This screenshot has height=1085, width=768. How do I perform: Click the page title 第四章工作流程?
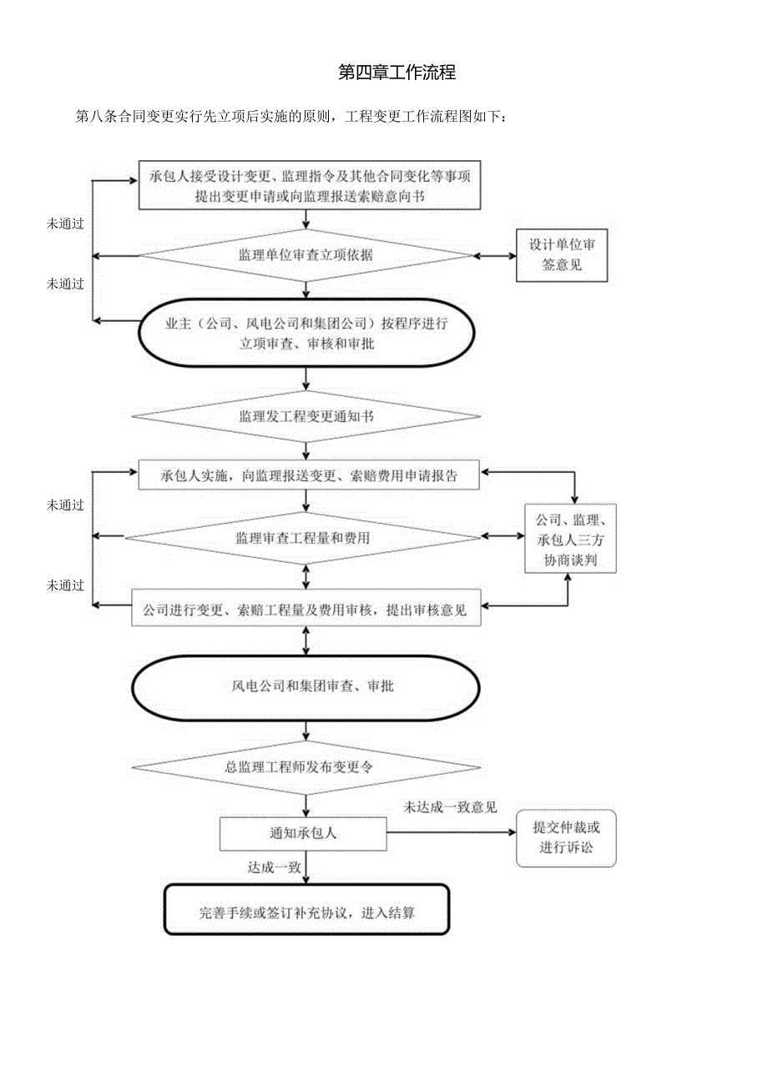click(x=397, y=73)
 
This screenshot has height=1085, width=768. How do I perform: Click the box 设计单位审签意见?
click(x=561, y=256)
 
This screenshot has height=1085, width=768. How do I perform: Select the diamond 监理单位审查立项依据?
click(x=306, y=255)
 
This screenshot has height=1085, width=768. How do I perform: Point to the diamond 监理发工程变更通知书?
click(x=306, y=414)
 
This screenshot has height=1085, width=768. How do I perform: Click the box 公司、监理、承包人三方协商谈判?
click(x=570, y=539)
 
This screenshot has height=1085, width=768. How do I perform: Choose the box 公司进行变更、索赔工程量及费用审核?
click(x=306, y=610)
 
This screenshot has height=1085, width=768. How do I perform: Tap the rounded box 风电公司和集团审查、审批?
click(x=306, y=687)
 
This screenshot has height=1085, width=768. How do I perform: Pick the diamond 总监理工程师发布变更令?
click(x=306, y=766)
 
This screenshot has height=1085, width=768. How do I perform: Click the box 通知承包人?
click(x=303, y=833)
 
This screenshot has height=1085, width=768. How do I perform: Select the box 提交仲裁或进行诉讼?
click(x=566, y=838)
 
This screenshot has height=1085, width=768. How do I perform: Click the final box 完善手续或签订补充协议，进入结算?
click(x=306, y=912)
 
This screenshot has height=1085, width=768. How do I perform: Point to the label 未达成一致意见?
click(x=451, y=807)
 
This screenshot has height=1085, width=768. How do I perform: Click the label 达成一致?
click(x=273, y=867)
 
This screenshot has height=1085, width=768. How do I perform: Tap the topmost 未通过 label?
click(x=65, y=224)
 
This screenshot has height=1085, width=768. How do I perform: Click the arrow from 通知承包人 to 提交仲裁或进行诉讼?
click(x=451, y=831)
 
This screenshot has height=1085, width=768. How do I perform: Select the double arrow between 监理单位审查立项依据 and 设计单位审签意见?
click(x=495, y=255)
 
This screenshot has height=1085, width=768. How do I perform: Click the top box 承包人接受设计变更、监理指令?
click(x=310, y=186)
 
